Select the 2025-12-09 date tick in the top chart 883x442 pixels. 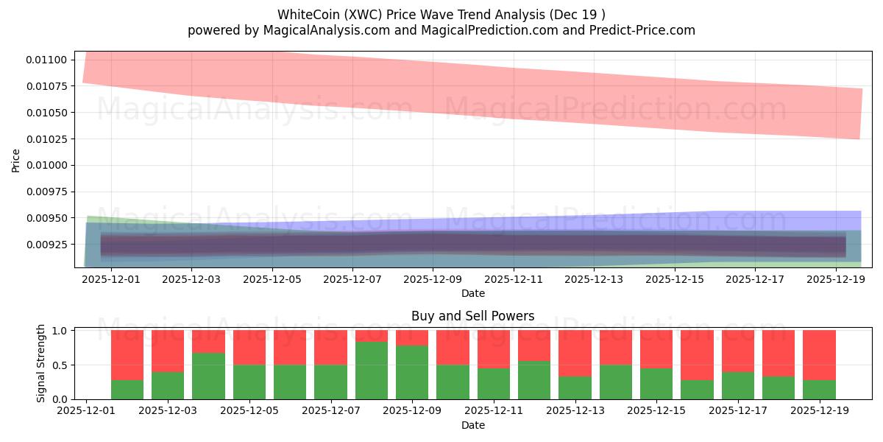(x=433, y=279)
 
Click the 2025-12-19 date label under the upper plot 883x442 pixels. (x=836, y=279)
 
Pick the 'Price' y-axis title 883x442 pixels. (x=16, y=160)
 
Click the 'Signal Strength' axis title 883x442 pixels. (x=41, y=363)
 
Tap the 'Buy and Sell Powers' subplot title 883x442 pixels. (x=472, y=316)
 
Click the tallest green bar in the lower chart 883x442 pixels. (x=372, y=371)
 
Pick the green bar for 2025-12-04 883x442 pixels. (x=208, y=376)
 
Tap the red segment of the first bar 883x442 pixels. (x=127, y=355)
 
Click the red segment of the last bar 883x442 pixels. (x=819, y=355)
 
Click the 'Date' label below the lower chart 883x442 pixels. (x=472, y=425)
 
